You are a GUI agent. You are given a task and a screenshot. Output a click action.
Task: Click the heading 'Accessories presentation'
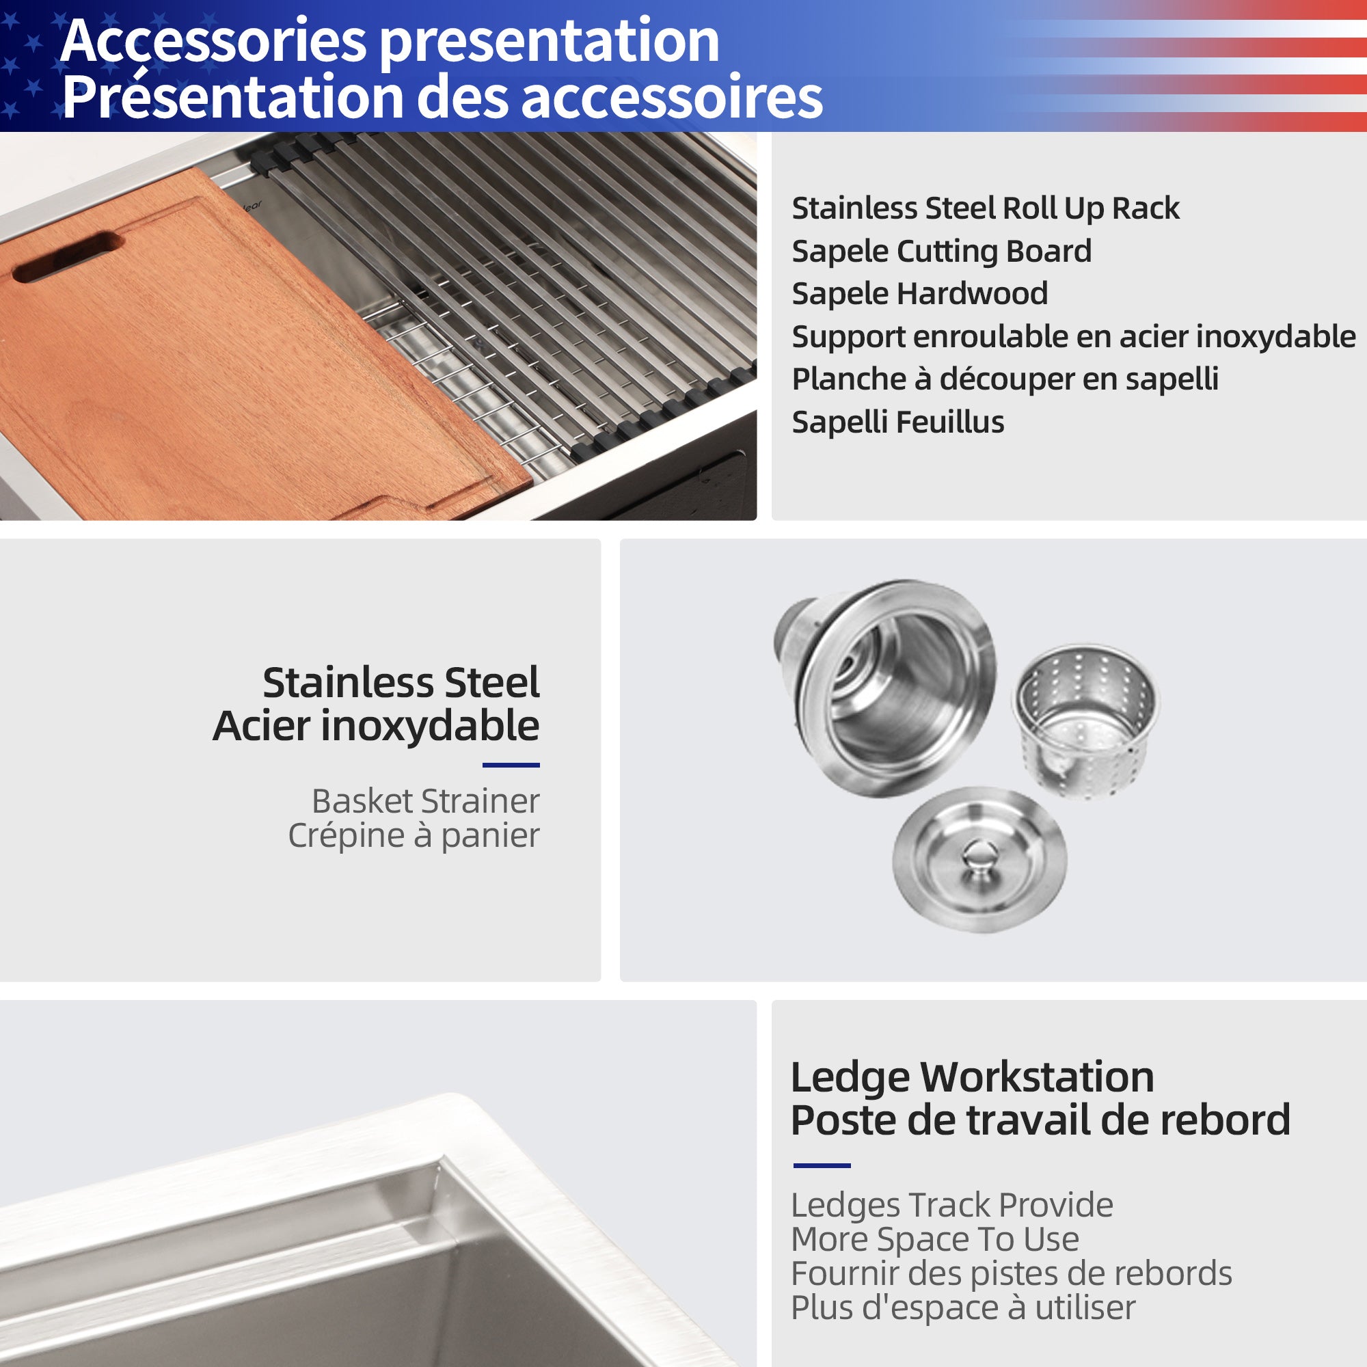click(x=390, y=41)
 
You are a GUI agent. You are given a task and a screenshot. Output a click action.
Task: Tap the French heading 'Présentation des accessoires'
click(x=442, y=97)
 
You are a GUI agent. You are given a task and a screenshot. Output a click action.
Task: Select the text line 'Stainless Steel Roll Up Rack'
click(x=985, y=208)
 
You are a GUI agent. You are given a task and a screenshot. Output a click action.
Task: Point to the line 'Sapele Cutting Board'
click(x=941, y=251)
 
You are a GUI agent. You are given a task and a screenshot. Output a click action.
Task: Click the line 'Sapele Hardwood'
click(x=919, y=294)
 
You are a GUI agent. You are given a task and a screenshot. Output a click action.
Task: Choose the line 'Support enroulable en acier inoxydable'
click(x=1072, y=337)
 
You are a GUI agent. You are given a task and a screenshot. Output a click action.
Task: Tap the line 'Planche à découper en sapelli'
click(x=1005, y=379)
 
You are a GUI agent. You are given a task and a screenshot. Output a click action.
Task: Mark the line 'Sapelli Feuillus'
click(x=897, y=422)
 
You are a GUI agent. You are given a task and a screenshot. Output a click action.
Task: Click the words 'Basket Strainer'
click(x=425, y=802)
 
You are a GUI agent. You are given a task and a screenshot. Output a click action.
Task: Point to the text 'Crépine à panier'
click(x=414, y=836)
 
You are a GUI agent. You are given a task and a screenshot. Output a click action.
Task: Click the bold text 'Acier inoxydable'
click(x=376, y=727)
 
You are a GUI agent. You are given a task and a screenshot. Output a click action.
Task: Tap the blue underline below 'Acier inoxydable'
click(x=511, y=765)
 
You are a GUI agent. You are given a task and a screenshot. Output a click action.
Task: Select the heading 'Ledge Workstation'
click(x=971, y=1079)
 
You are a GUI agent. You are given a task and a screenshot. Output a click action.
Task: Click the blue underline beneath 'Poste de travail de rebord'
click(x=822, y=1165)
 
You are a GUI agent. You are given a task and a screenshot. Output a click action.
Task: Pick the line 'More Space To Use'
click(x=934, y=1240)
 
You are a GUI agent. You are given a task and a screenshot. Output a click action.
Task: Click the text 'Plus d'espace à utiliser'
click(x=962, y=1308)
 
